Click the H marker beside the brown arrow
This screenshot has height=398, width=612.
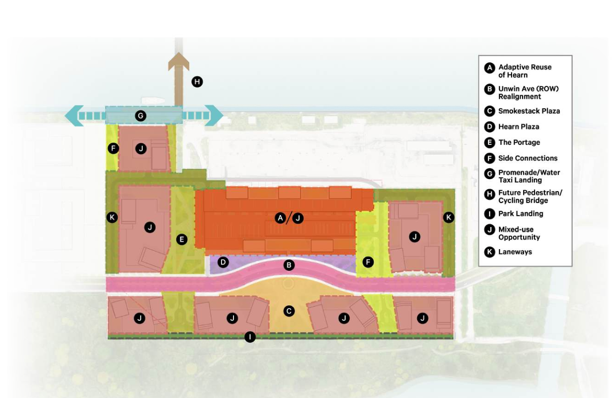tap(197, 82)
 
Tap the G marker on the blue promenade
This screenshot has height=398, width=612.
tap(141, 116)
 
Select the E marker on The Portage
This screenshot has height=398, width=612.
tap(182, 240)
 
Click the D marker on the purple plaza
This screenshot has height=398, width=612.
tap(223, 262)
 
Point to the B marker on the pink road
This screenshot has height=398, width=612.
tap(289, 265)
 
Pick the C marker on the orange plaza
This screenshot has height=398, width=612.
tap(289, 311)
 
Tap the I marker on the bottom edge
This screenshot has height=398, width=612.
tap(250, 337)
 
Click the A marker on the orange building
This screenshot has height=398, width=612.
tap(280, 218)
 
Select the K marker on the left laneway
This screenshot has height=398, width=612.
tap(112, 217)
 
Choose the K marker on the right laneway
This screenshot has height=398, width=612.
tap(448, 217)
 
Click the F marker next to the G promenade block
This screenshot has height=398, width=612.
tap(113, 148)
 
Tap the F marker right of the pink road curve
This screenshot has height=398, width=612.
tap(368, 262)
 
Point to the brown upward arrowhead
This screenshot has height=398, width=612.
tap(179, 61)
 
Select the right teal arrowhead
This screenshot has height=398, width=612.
tap(214, 116)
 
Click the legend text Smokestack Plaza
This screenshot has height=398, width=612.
tap(529, 111)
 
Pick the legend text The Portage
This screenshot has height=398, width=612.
tap(519, 143)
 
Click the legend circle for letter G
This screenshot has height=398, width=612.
tap(490, 174)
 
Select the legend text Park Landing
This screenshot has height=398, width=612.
tap(521, 214)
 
